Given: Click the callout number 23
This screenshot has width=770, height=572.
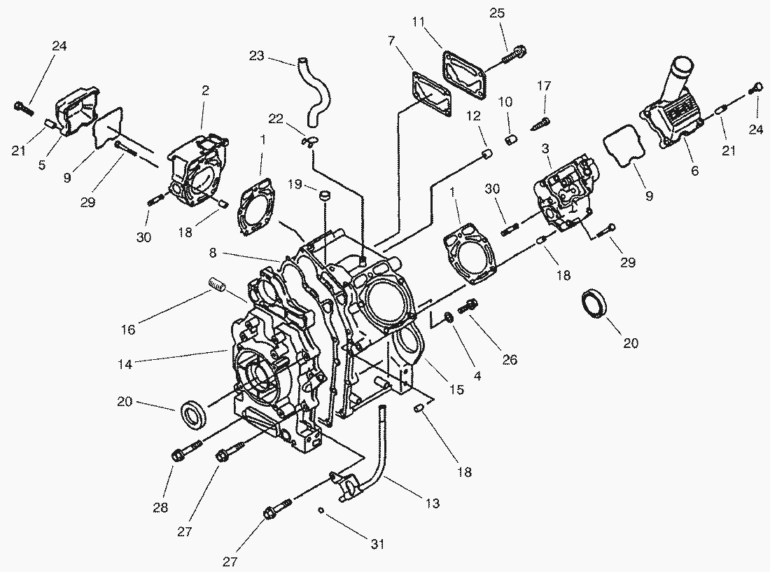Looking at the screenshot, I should click(256, 56).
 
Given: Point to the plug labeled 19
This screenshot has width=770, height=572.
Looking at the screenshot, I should click(323, 195).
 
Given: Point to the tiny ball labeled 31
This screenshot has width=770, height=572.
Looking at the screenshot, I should click(319, 510).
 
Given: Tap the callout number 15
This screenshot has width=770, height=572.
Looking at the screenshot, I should click(456, 390).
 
